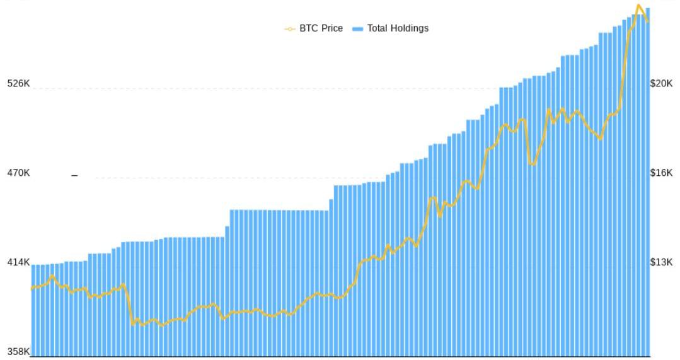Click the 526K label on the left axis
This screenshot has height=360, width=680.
click(18, 83)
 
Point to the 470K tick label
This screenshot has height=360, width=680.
click(18, 173)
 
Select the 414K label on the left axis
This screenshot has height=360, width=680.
click(18, 262)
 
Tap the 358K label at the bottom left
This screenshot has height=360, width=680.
click(18, 352)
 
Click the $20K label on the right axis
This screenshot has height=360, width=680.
click(662, 83)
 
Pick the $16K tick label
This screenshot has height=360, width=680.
click(662, 173)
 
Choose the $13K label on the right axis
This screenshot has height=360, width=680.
click(662, 262)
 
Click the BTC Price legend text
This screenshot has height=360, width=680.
click(321, 28)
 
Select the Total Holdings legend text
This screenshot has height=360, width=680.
click(398, 28)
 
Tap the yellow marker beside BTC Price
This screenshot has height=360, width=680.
click(290, 29)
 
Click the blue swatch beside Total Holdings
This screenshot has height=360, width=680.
click(357, 29)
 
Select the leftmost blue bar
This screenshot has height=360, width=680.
click(33, 309)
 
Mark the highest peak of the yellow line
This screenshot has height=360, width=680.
click(638, 6)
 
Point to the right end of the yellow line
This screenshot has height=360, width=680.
click(648, 22)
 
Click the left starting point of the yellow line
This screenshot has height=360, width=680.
click(32, 289)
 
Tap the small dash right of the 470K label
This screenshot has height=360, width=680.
click(74, 175)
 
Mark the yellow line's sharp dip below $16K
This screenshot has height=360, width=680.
click(533, 164)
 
